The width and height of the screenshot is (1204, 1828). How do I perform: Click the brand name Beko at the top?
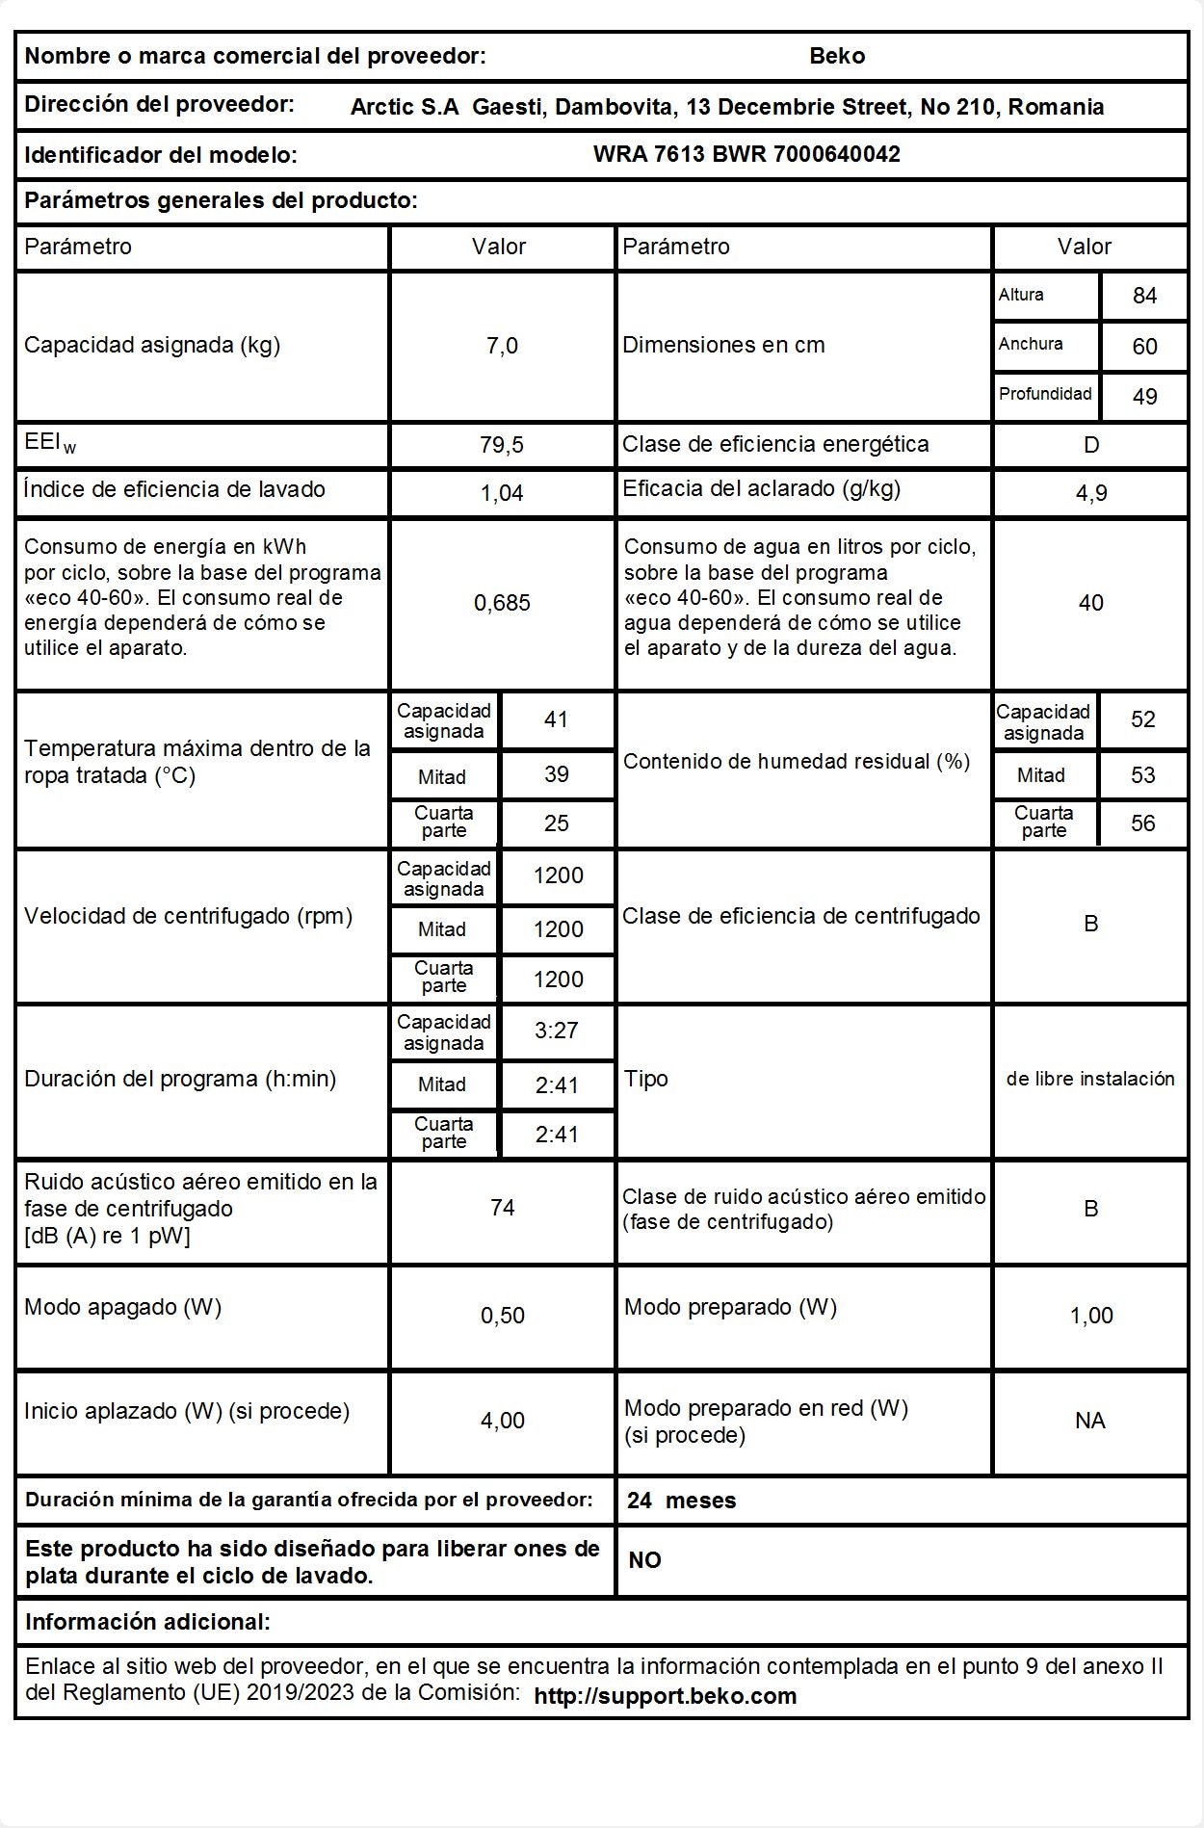[837, 56]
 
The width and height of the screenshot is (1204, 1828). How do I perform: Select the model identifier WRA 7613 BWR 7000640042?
[746, 154]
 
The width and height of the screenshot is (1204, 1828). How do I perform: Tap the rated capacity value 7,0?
[502, 346]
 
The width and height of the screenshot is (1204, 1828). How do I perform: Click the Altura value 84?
[1144, 296]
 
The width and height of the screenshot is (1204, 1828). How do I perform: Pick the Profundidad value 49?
[1144, 396]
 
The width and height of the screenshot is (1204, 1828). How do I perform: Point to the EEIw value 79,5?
[502, 445]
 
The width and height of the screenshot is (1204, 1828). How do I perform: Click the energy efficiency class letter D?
[1090, 445]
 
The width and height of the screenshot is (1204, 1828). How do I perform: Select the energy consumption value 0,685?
[502, 603]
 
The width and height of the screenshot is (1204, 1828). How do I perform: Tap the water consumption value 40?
[1090, 603]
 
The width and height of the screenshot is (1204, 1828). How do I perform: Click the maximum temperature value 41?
[557, 719]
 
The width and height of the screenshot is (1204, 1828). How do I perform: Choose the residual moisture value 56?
[1142, 823]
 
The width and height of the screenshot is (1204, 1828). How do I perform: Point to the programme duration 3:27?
[557, 1031]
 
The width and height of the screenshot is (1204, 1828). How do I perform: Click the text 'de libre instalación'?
[1090, 1079]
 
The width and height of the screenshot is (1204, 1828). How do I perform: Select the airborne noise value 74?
[502, 1208]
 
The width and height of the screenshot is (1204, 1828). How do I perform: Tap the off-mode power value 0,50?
[502, 1316]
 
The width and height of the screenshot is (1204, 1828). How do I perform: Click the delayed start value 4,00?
[502, 1421]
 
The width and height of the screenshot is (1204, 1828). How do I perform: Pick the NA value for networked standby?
[1090, 1421]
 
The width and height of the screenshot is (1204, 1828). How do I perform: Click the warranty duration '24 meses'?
[681, 1501]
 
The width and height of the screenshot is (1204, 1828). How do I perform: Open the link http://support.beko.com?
[666, 1696]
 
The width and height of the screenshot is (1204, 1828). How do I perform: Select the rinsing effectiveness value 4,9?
[1090, 493]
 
